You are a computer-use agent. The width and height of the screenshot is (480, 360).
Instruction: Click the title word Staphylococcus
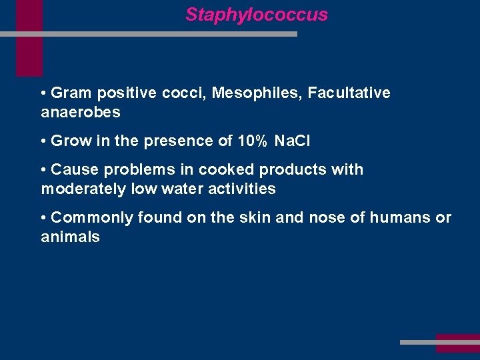point(257,15)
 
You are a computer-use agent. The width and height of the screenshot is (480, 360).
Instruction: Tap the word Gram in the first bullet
point(71,93)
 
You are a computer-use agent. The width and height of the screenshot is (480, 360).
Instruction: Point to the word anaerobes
point(81,112)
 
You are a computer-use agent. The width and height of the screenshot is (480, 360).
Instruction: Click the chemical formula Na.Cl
point(293,141)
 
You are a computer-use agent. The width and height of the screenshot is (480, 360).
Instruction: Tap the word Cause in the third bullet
point(72,169)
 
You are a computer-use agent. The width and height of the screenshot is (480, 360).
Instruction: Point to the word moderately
point(83,189)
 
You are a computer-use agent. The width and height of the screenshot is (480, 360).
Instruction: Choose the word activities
point(241,189)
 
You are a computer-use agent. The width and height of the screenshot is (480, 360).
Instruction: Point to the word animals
point(71,237)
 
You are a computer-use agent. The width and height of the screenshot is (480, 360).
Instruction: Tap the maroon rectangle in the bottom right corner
point(457,343)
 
